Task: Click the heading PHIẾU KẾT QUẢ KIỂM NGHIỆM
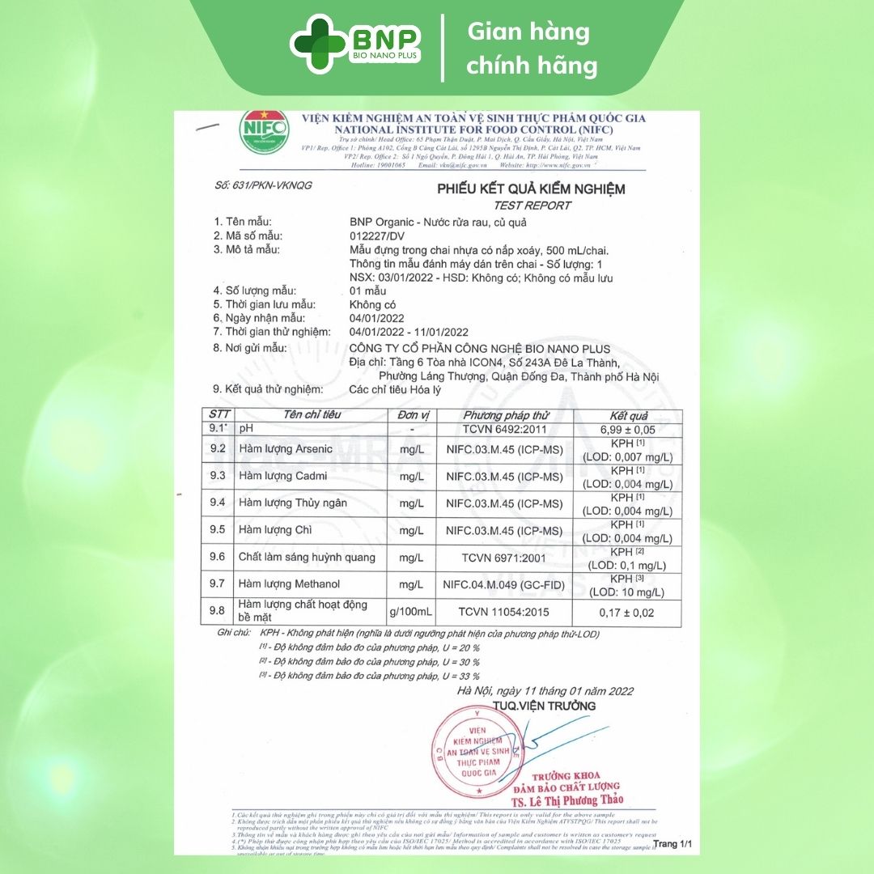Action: click(531, 189)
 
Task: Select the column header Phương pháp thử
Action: click(507, 414)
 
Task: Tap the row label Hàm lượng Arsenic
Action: click(286, 449)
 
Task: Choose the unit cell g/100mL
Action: click(411, 612)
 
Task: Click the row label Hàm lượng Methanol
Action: click(289, 584)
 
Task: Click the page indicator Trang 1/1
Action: click(672, 844)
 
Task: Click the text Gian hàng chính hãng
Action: click(531, 49)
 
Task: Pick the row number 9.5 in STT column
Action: click(218, 530)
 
